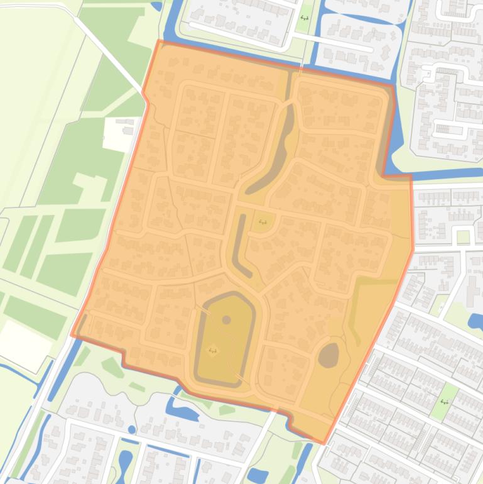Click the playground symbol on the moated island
coord(213,350)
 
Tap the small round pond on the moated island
coord(226,320)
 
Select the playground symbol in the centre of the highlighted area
coord(263,221)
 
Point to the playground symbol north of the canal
coord(305,18)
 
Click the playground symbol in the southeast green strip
coord(445,401)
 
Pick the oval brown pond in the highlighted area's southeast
coord(328,355)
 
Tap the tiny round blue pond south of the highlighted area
coord(132,430)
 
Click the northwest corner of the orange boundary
coord(158,41)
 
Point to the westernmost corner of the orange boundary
coord(72,334)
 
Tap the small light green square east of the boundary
coord(464,237)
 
